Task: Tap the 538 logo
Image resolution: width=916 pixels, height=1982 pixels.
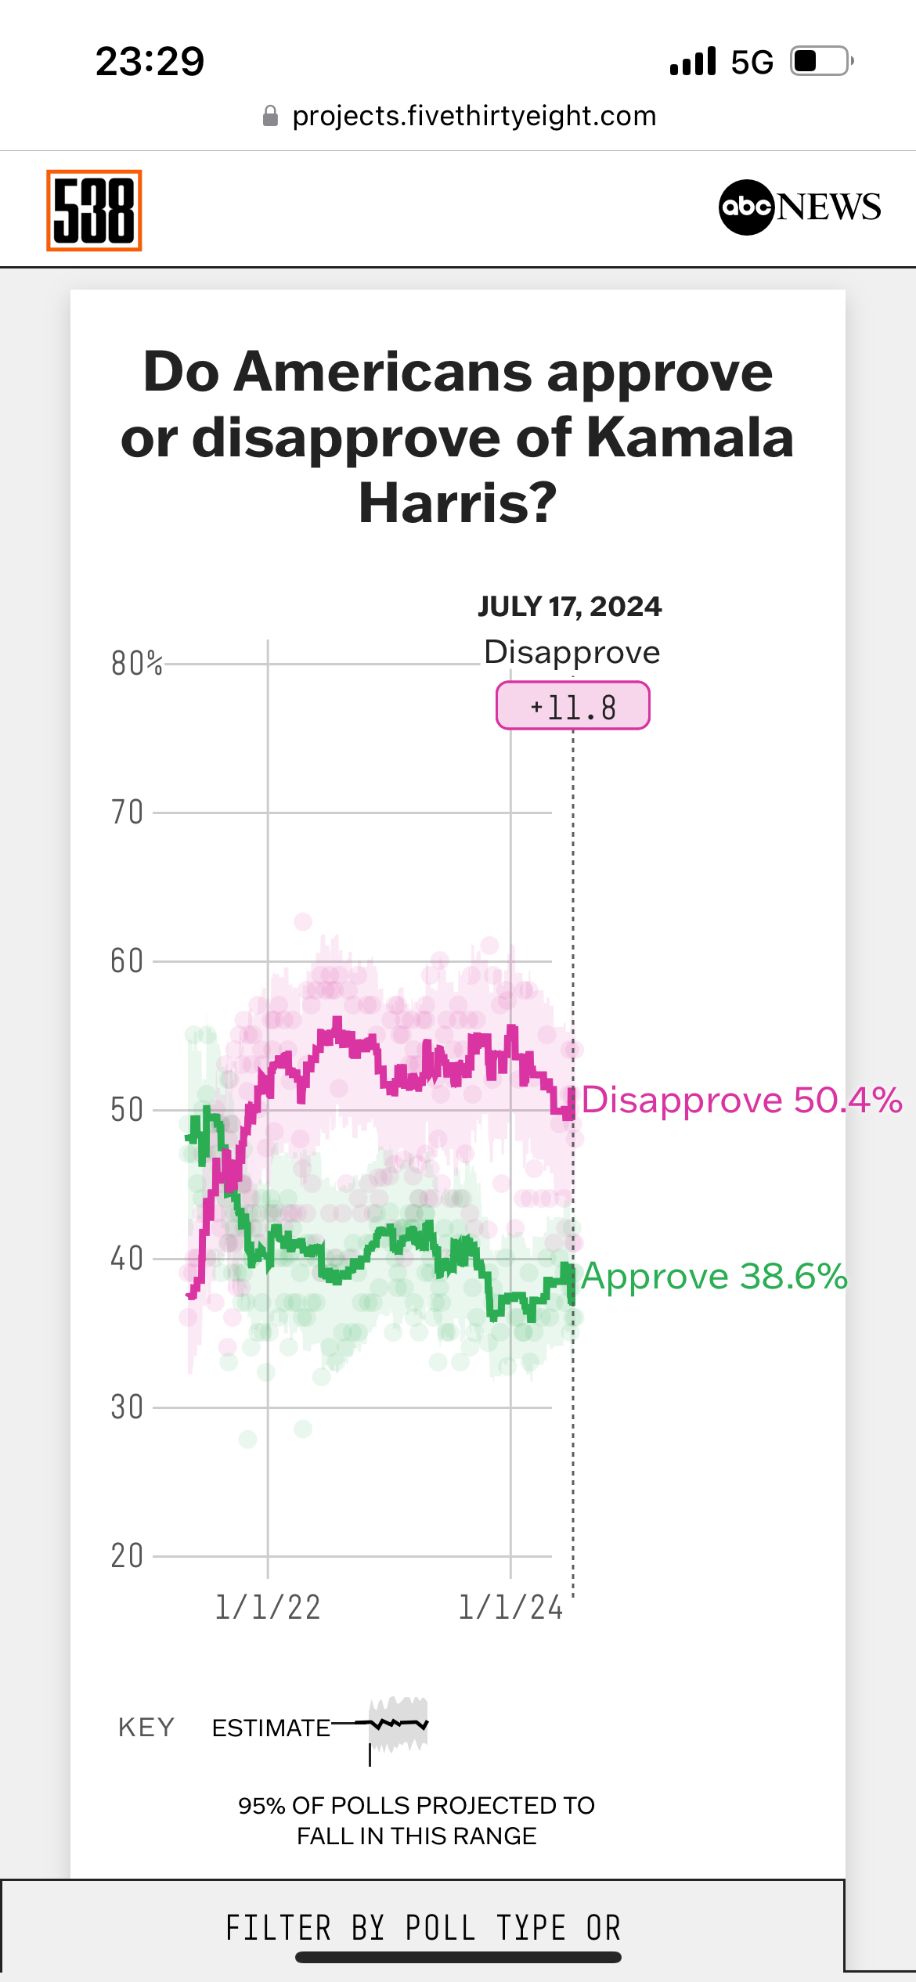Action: click(94, 210)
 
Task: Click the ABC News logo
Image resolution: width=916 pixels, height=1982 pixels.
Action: click(799, 207)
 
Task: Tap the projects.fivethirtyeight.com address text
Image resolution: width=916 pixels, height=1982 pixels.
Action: click(474, 116)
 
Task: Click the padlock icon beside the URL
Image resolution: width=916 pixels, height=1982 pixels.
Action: click(270, 117)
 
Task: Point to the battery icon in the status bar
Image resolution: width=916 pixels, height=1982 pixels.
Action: click(820, 61)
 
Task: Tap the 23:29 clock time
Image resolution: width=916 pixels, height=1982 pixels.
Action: click(150, 61)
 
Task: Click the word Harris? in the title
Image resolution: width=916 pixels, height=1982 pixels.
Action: click(457, 503)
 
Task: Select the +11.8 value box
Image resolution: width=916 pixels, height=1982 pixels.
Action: click(573, 706)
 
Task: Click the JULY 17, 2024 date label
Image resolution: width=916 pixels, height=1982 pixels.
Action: click(570, 607)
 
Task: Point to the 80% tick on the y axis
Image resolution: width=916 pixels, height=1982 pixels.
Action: click(136, 664)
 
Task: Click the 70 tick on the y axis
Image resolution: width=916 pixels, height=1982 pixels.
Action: click(127, 813)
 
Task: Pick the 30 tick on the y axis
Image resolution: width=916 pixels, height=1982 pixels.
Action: click(127, 1407)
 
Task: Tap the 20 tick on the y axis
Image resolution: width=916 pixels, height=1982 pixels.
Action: click(127, 1556)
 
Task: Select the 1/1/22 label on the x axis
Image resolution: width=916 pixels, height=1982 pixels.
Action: click(268, 1608)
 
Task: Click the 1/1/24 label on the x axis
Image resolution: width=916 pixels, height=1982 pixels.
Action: click(510, 1608)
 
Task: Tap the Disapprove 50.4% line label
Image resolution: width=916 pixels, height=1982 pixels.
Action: click(741, 1100)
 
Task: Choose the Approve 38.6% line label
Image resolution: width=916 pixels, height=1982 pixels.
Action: click(714, 1276)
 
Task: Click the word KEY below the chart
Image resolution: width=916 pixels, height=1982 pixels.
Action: click(146, 1727)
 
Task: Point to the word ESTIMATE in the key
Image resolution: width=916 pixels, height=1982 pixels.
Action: click(271, 1728)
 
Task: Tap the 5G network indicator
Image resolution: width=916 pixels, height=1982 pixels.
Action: click(752, 62)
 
